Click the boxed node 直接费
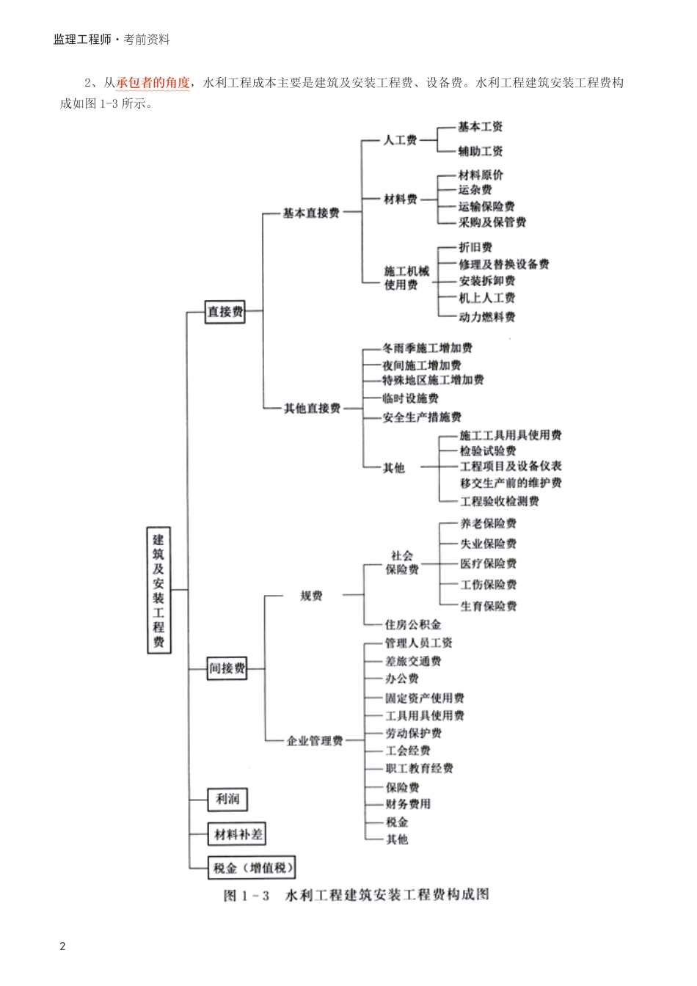tap(225, 312)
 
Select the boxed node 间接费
tap(227, 668)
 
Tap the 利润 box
tap(227, 799)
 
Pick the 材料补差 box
tap(238, 834)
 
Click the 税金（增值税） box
tap(253, 868)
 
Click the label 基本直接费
tap(311, 213)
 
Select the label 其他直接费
tap(312, 408)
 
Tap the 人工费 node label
tap(400, 139)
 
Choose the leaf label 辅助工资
tap(481, 151)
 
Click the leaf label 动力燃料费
tap(487, 317)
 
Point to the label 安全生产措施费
tap(422, 417)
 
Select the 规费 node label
tap(311, 596)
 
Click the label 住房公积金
tap(413, 625)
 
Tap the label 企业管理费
tap(315, 741)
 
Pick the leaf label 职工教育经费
tap(420, 768)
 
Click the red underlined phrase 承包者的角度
tap(153, 83)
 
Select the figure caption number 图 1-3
tap(247, 896)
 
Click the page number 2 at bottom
tap(63, 946)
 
